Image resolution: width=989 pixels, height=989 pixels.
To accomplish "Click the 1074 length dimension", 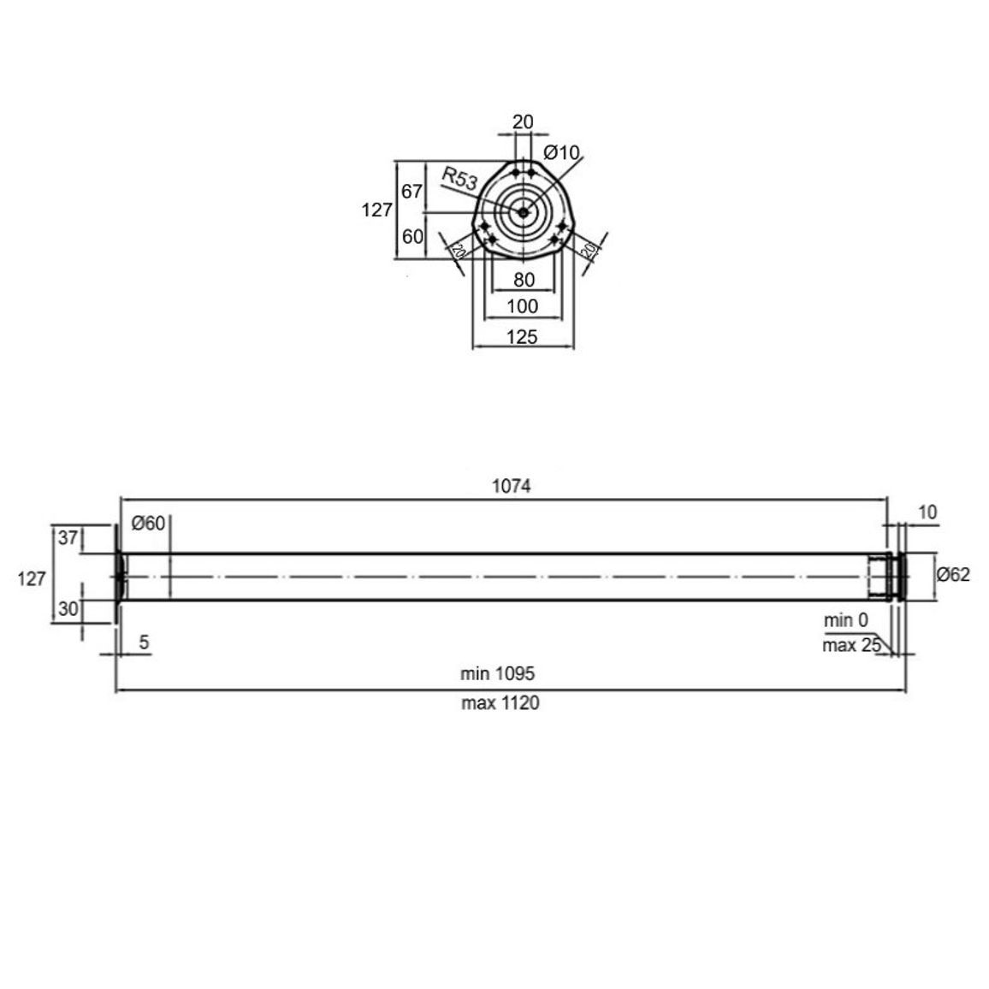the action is (x=511, y=486).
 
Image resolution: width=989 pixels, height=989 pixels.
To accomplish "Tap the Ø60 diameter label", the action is (x=148, y=523).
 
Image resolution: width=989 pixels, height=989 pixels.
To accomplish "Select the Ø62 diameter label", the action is (x=953, y=575).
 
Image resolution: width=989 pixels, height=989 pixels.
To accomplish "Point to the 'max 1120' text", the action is (x=500, y=702).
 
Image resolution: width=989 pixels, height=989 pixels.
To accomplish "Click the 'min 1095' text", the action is (x=497, y=673).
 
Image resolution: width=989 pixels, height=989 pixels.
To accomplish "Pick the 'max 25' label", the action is (x=851, y=645).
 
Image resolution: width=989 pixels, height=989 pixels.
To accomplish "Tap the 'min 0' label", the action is (x=846, y=620).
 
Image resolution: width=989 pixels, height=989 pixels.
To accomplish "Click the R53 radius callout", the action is (x=459, y=179).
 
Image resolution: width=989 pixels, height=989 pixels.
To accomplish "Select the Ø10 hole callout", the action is (x=561, y=152).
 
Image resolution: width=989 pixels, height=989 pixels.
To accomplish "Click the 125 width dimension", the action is (x=522, y=337).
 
